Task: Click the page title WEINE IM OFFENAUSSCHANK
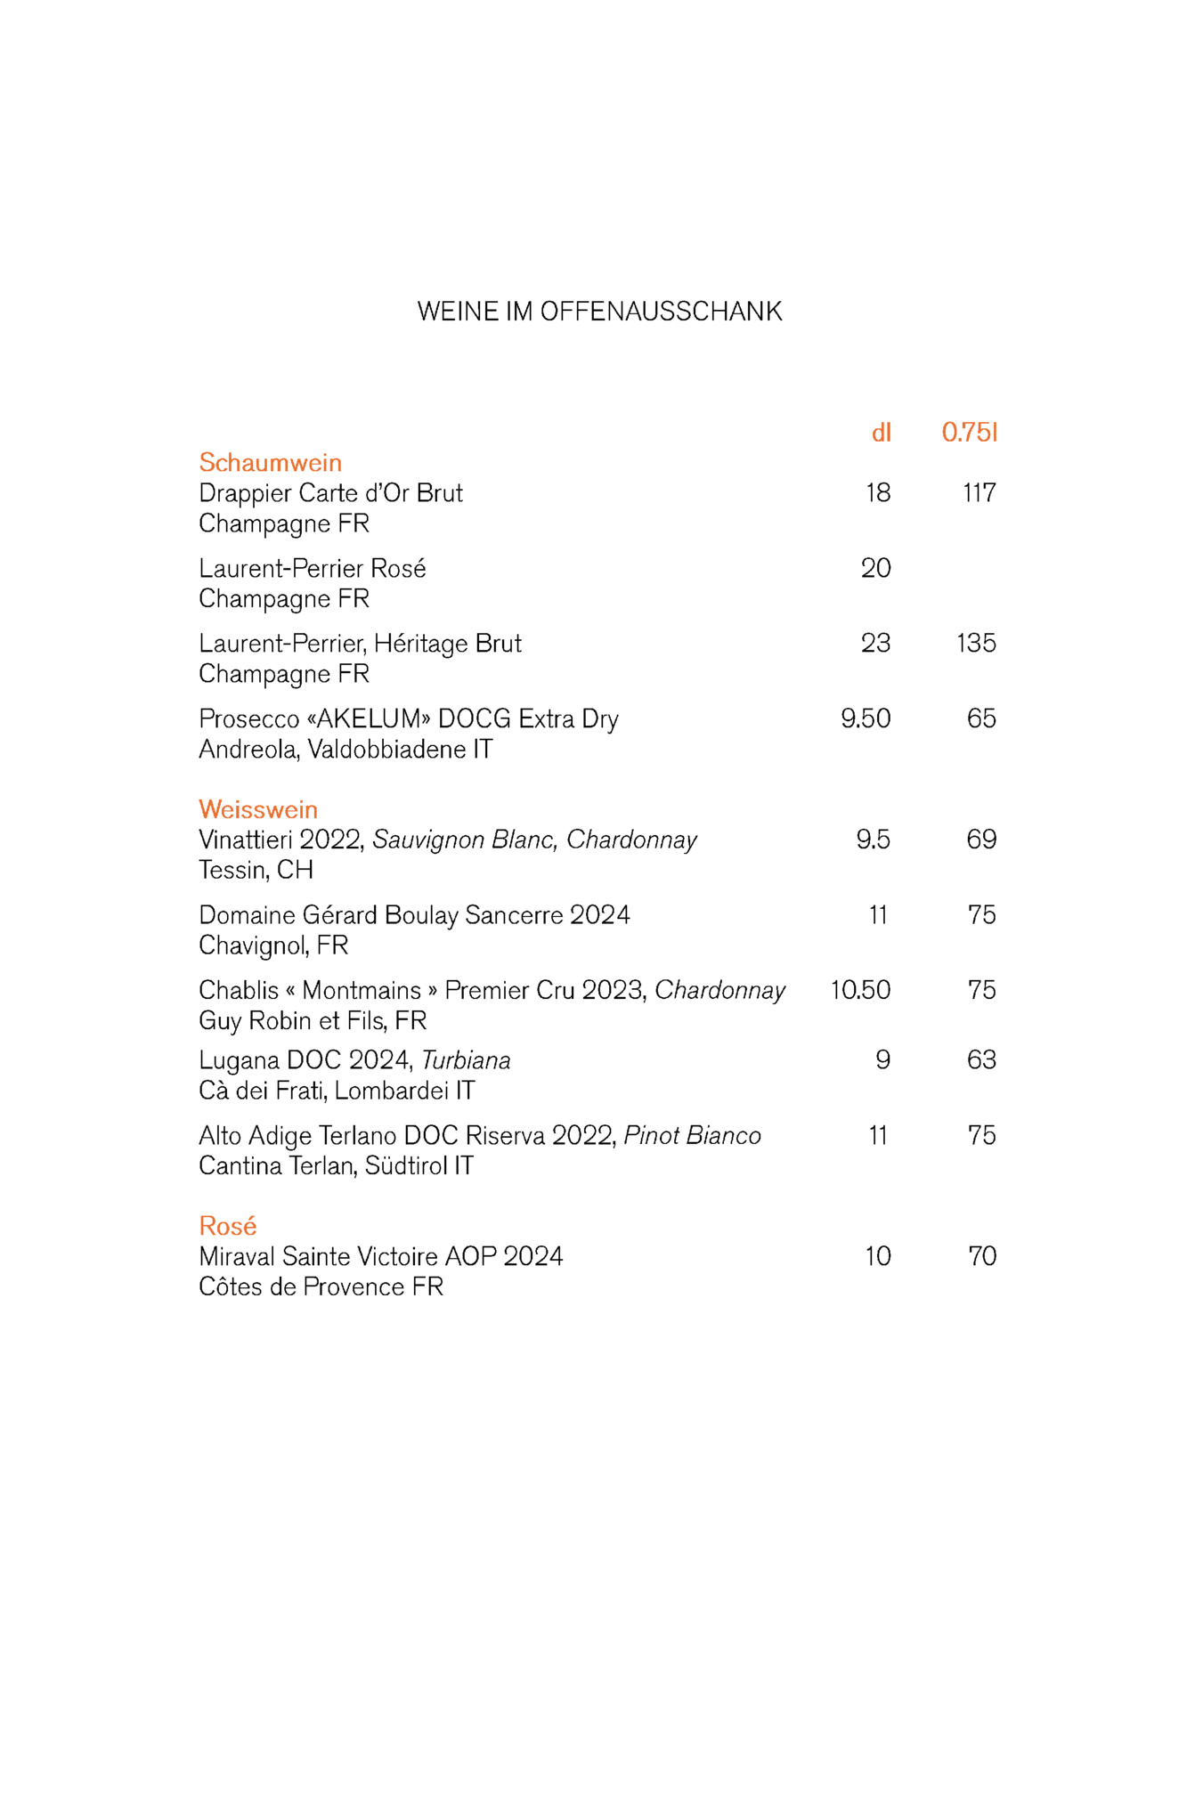599,312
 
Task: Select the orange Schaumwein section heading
270,463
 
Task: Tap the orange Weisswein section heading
258,809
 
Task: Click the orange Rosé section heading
228,1226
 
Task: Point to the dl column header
881,433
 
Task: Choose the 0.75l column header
969,433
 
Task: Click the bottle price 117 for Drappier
979,493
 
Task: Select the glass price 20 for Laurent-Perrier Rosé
875,568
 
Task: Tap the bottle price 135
976,643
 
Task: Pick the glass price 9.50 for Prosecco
866,718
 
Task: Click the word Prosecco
248,718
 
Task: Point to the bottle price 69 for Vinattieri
981,840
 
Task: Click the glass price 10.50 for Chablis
860,990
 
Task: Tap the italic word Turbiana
466,1060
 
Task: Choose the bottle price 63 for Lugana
981,1060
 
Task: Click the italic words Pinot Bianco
692,1136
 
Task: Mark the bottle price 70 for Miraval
981,1256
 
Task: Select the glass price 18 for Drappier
878,493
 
